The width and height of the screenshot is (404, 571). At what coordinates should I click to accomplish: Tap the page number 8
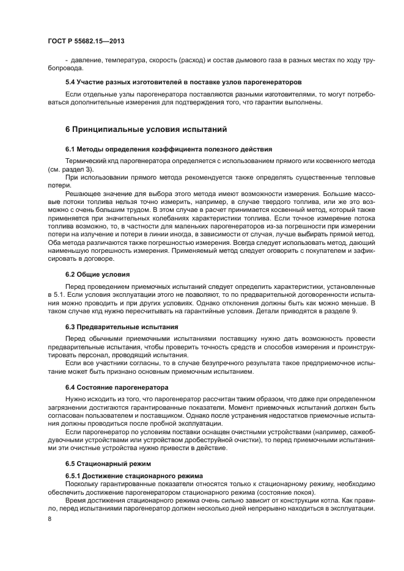point(50,518)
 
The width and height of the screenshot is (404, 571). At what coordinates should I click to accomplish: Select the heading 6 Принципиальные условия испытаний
point(146,129)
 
